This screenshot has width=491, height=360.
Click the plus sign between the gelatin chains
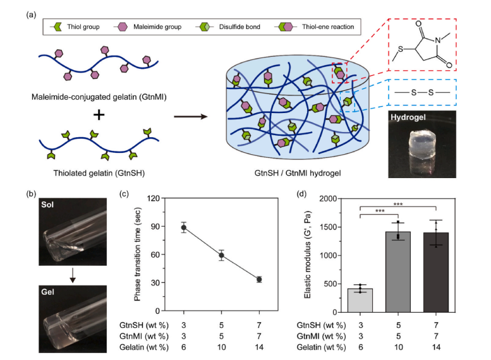[x=99, y=116]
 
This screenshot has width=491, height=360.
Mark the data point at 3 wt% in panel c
[x=184, y=228]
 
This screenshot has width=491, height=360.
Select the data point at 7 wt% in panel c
[x=258, y=279]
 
